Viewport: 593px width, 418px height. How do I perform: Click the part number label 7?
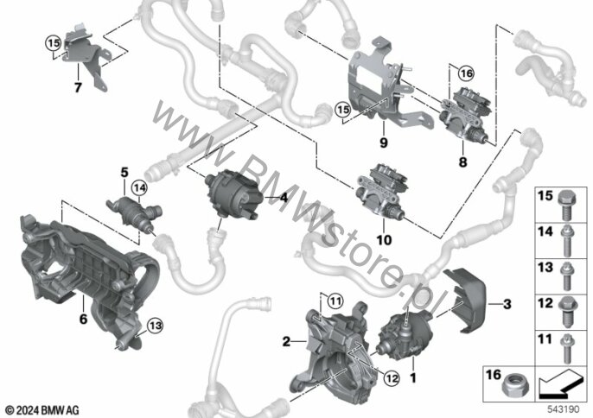coord(77,88)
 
